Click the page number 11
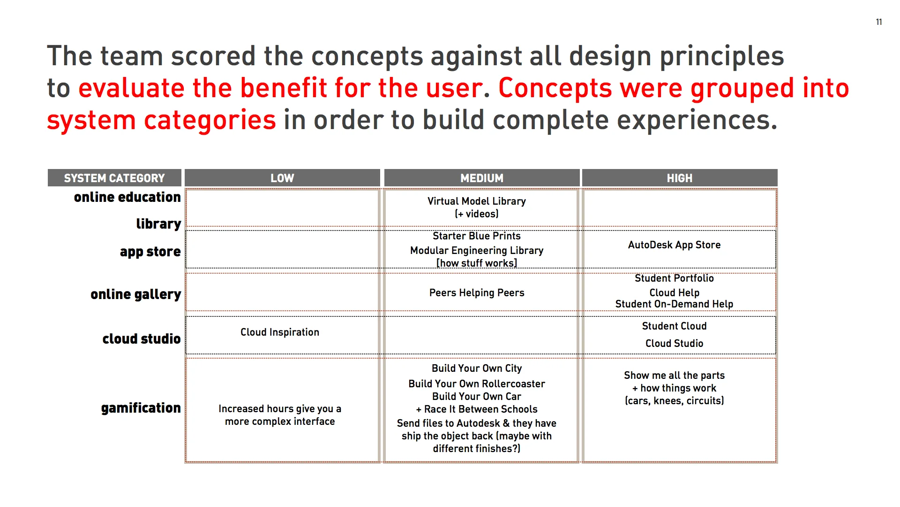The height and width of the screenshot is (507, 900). [x=878, y=22]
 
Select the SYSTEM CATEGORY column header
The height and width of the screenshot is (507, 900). [x=114, y=178]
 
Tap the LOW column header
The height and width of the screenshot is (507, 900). [x=282, y=178]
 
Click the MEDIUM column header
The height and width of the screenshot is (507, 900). [x=481, y=178]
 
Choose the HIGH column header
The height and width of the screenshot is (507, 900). [x=679, y=178]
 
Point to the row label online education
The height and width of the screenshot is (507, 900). [x=127, y=197]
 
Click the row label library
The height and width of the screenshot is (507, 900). [x=158, y=224]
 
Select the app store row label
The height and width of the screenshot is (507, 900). [x=150, y=252]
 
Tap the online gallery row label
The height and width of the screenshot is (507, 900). [x=135, y=294]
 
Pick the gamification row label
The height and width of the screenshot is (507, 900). [x=141, y=408]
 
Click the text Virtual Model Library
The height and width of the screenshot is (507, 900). [x=476, y=201]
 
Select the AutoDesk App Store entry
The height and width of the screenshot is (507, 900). [x=674, y=245]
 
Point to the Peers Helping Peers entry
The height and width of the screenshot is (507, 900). [x=476, y=292]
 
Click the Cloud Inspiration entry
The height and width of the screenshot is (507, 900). [x=279, y=332]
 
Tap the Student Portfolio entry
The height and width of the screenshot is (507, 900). [x=674, y=278]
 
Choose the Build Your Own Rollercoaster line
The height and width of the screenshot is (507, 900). [x=476, y=384]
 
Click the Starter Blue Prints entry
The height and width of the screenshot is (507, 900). [x=476, y=236]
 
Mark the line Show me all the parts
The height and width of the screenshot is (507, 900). [x=674, y=375]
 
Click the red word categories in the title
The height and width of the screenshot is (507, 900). [x=210, y=120]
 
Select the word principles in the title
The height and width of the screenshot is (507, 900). [x=721, y=56]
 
